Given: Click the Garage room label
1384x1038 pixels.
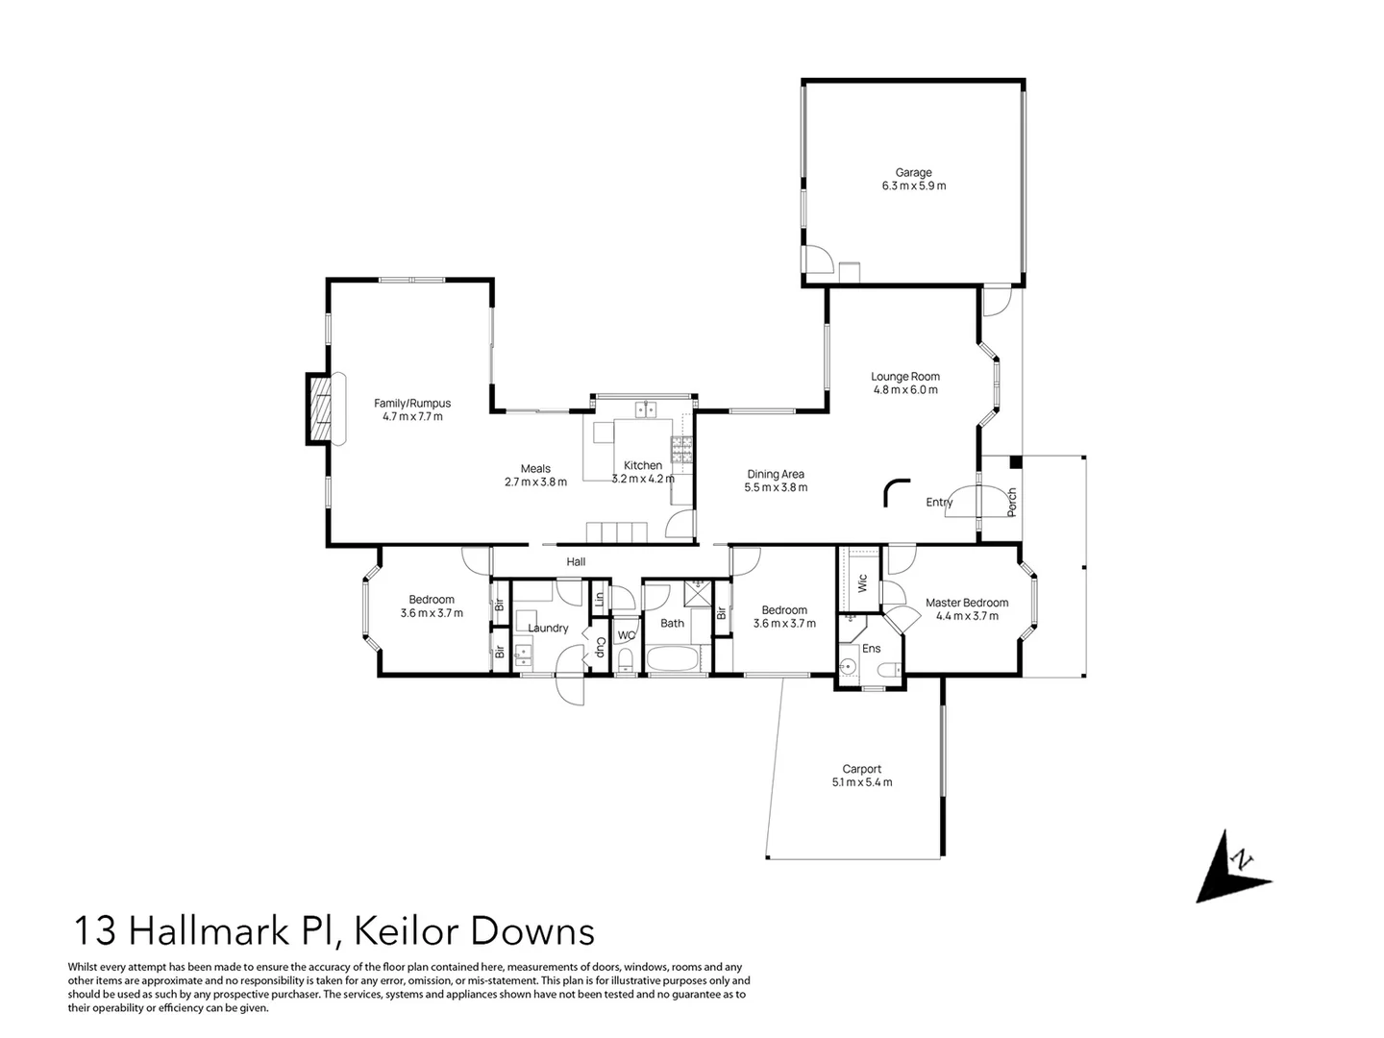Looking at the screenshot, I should pos(913,173).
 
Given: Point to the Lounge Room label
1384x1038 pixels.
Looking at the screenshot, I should pos(905,377).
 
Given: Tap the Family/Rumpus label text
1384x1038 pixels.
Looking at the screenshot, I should pos(412,404).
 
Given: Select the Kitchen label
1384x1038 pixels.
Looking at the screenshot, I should pos(643,465).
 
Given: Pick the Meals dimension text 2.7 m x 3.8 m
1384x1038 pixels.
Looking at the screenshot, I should pos(535,482).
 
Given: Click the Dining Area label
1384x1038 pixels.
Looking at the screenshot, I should pos(776,474).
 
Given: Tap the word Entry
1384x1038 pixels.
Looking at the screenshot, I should pos(939,503).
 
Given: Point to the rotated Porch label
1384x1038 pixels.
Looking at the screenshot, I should pos(1011,502).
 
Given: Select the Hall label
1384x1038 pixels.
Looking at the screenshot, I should pos(576,562).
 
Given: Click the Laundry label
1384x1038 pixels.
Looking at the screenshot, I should pos(548,629).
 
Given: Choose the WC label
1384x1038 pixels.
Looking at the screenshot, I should pos(626,635).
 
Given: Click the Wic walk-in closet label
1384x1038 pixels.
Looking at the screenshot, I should pos(862,582).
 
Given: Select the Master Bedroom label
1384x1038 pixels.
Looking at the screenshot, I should pos(967,603).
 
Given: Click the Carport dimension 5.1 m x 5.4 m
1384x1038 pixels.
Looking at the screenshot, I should pos(861,782).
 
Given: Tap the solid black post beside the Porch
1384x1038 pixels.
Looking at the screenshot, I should pos(1015,462).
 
